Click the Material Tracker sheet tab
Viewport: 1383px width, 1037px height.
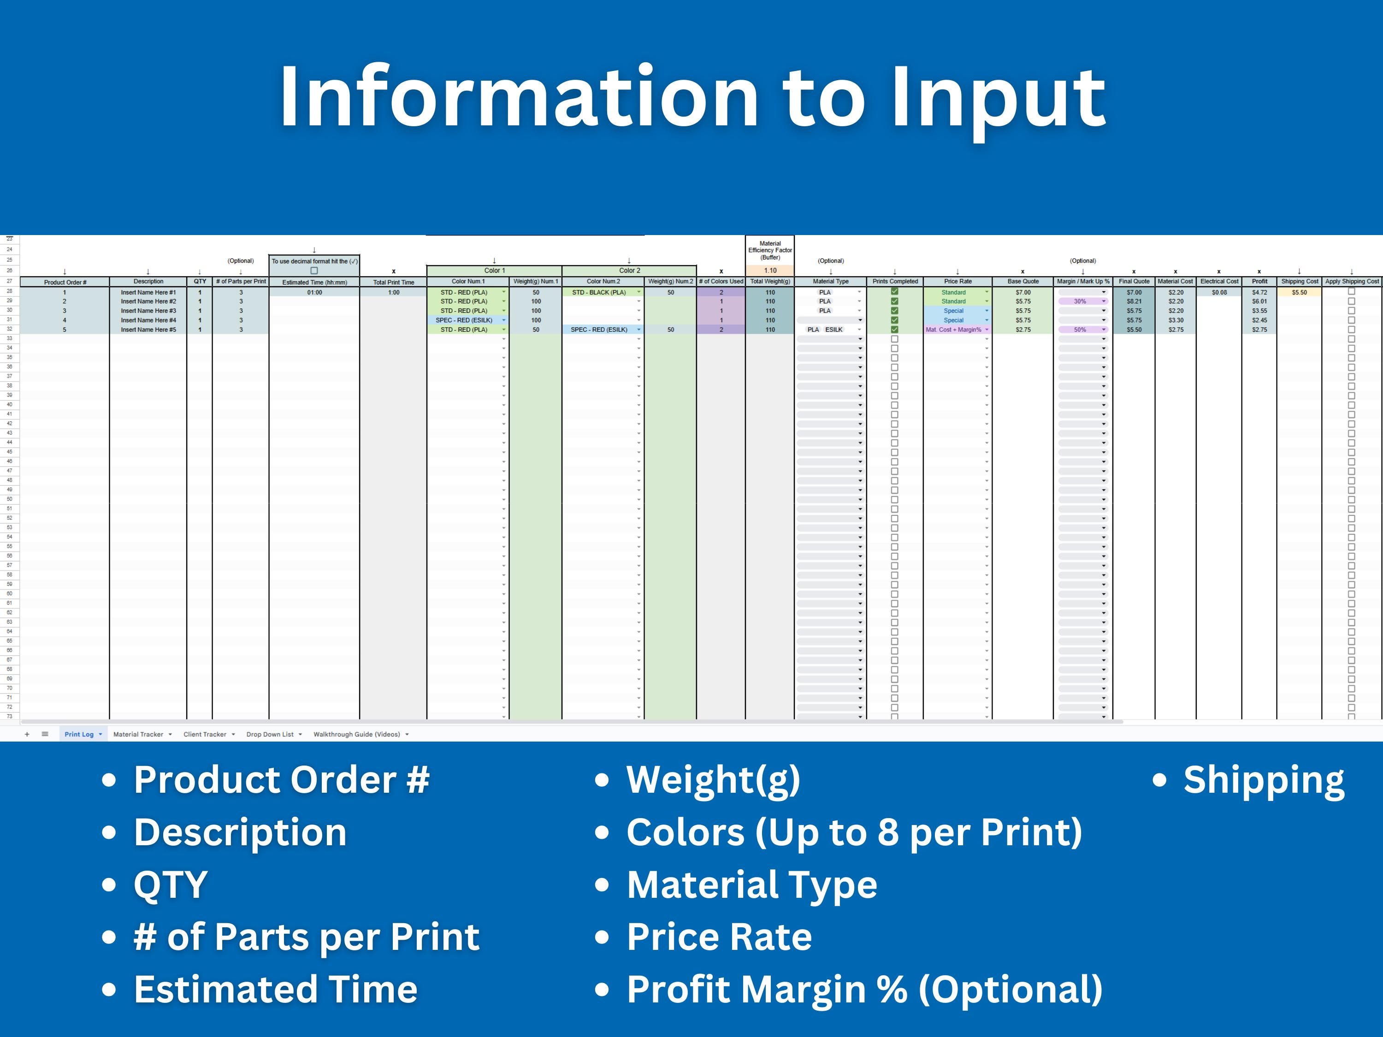138,735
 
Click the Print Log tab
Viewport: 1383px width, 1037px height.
79,735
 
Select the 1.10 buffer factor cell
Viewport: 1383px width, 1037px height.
770,271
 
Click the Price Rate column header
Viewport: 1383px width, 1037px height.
957,281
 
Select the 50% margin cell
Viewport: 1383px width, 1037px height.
1080,330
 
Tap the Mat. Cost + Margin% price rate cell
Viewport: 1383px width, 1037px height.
953,330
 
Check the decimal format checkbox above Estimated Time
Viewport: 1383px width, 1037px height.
314,271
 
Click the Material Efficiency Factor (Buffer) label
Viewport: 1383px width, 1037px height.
770,250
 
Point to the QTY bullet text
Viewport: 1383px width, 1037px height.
170,884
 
